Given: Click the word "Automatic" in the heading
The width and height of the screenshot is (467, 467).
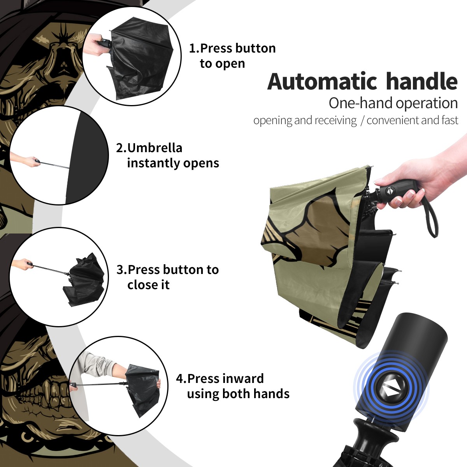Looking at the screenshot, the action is point(322,81).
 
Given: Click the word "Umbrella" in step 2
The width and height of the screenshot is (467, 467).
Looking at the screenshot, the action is point(154,148).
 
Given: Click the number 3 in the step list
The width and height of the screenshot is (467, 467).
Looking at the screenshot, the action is point(120,270).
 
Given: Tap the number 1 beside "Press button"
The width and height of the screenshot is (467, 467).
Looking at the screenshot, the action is point(193,48).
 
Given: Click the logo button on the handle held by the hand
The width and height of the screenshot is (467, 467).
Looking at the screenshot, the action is point(390,191).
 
